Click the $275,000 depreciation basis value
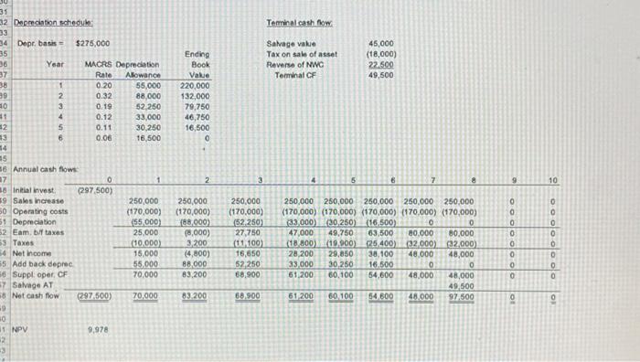click(91, 42)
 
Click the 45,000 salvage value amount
click(380, 43)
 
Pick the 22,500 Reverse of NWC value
click(380, 64)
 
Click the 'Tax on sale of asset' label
click(297, 54)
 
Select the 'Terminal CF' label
click(293, 75)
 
